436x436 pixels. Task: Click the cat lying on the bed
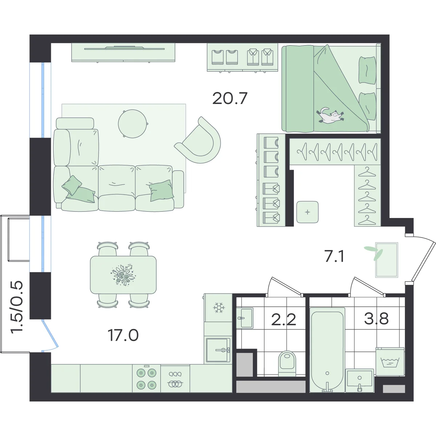click(330, 116)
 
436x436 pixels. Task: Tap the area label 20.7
click(230, 98)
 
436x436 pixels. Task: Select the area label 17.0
click(123, 336)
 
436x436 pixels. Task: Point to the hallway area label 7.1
click(334, 257)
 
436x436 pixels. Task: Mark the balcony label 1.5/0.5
click(17, 307)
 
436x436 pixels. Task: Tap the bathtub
click(327, 350)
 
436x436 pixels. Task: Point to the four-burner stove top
click(146, 379)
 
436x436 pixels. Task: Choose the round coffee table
click(133, 124)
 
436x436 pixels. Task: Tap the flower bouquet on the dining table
click(124, 274)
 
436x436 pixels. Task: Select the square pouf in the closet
click(307, 212)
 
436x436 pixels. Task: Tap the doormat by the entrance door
click(387, 260)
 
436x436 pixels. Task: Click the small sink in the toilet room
click(245, 318)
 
